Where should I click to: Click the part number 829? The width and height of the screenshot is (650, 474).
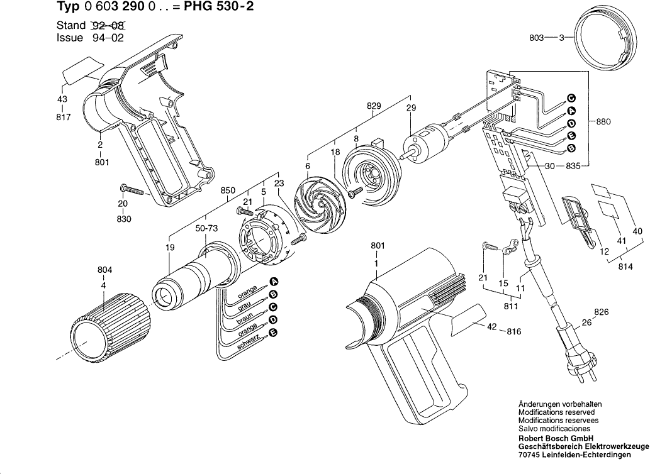374,107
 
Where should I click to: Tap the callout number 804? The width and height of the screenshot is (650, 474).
104,270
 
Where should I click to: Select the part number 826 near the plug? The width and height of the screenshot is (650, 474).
602,312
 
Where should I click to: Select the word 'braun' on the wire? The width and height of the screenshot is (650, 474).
245,317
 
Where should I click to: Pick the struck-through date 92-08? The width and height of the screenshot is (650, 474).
108,26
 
